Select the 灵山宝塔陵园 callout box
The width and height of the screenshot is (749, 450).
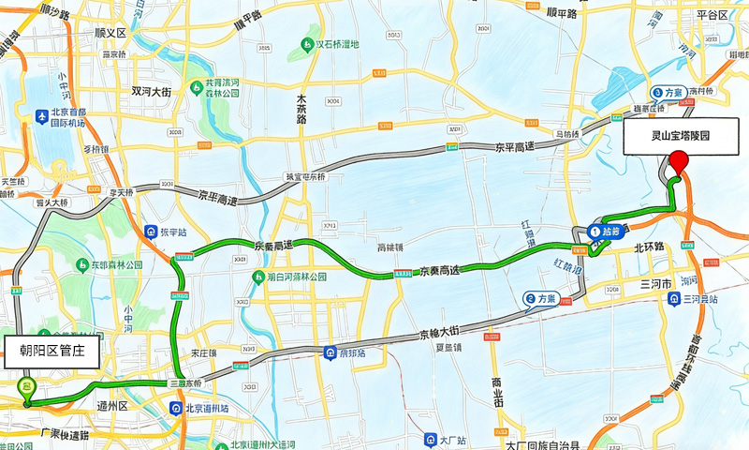[x=681, y=136]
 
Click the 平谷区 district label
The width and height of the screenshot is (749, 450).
[x=712, y=16]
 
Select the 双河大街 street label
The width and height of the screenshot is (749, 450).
[x=151, y=92]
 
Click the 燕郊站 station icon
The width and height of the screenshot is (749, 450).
[x=330, y=352]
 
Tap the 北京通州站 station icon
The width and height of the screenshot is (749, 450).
[x=175, y=408]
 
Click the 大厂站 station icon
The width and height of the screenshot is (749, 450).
[x=430, y=439]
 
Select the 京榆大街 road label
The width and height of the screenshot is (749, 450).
[x=437, y=332]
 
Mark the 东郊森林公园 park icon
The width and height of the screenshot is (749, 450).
[x=72, y=264]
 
